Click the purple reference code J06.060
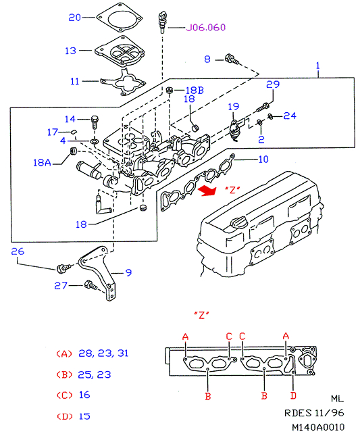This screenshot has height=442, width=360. tap(206, 27)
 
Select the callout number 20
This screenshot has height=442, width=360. tap(75, 18)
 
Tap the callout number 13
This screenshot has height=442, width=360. tap(70, 51)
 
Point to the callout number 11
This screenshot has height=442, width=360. tap(75, 82)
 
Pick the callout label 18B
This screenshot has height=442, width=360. tap(195, 90)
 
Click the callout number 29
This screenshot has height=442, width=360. tap(273, 84)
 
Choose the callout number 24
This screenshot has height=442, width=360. tap(290, 116)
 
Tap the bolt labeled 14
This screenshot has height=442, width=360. tap(95, 122)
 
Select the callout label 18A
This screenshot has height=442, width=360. tap(43, 162)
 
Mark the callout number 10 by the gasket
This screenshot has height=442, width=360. tap(263, 159)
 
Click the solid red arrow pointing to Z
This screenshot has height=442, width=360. tap(207, 191)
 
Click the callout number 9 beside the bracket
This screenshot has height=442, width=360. tap(128, 272)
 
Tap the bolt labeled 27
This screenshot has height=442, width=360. tap(91, 285)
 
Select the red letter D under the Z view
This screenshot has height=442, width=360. tap(293, 396)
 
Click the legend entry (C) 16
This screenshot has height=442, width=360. tap(73, 395)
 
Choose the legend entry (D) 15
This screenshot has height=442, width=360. tap(73, 416)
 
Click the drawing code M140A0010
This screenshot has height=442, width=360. tap(318, 427)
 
